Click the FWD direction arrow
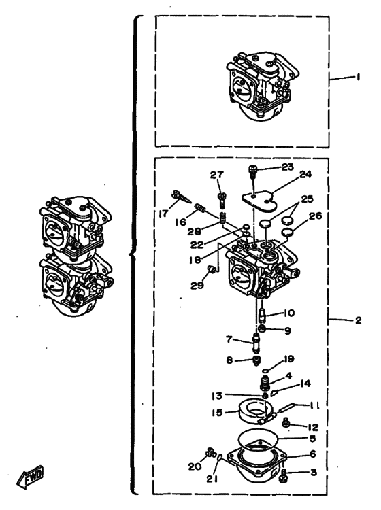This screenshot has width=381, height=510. [x=30, y=477]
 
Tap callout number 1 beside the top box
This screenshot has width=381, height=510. [x=359, y=77]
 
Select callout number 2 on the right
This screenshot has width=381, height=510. [x=359, y=320]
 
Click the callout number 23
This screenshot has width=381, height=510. [x=287, y=167]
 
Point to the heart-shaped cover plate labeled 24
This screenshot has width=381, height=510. [x=259, y=201]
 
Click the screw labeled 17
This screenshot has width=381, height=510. [x=182, y=197]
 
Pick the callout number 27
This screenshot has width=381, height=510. [x=216, y=175]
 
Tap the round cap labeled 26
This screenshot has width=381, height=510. [x=286, y=232]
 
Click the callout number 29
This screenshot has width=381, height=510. [x=197, y=285]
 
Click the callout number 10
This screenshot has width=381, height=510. [x=288, y=313]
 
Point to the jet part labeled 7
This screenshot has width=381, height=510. [x=256, y=344]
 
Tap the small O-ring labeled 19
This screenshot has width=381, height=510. [x=266, y=370]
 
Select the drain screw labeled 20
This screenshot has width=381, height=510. [x=211, y=452]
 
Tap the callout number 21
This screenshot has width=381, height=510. [x=212, y=479]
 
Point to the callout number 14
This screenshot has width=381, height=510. [x=305, y=384]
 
